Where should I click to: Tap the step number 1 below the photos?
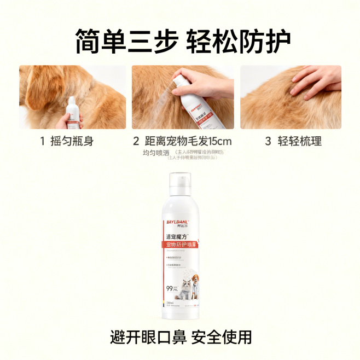(x=42, y=141)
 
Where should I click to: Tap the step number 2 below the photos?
(x=136, y=141)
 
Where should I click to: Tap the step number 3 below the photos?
(x=268, y=141)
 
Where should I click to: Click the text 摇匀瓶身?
(x=74, y=141)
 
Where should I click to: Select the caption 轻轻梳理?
(x=299, y=141)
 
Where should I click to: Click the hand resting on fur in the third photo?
(x=316, y=80)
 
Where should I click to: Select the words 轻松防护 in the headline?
(x=238, y=40)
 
